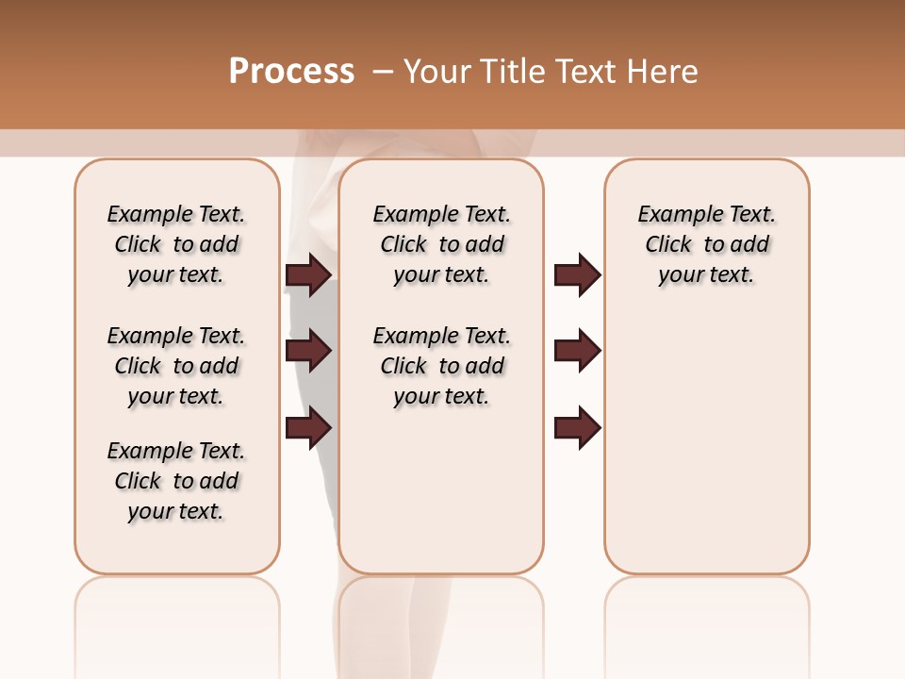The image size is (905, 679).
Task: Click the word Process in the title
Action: point(291,72)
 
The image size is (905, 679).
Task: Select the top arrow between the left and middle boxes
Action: point(308,274)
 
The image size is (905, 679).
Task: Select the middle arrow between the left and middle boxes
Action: point(308,351)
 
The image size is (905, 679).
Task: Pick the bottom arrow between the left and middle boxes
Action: point(308,427)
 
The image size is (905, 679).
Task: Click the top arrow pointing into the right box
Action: point(577,274)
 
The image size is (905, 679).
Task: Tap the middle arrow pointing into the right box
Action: point(577,351)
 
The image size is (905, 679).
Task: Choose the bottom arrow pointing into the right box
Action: point(577,427)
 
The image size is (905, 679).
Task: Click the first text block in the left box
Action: point(176,244)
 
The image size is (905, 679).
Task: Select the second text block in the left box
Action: point(176,366)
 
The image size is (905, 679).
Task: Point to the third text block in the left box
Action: point(176,481)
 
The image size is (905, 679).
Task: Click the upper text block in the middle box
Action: point(441,244)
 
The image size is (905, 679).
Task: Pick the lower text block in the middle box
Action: point(441,366)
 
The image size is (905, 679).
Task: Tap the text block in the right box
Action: point(706,244)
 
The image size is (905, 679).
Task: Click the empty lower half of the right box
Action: point(706,453)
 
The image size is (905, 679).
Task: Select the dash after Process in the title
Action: point(383,72)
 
